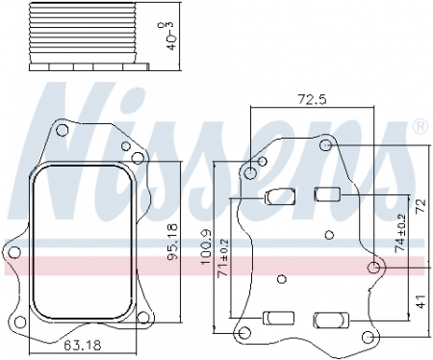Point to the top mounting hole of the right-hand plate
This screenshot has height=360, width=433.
tap(326, 145)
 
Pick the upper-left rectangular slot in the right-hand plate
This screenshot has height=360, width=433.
tap(278, 197)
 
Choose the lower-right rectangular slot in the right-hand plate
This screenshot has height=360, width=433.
tap(327, 318)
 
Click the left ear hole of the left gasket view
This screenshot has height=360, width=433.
tap(13, 251)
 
